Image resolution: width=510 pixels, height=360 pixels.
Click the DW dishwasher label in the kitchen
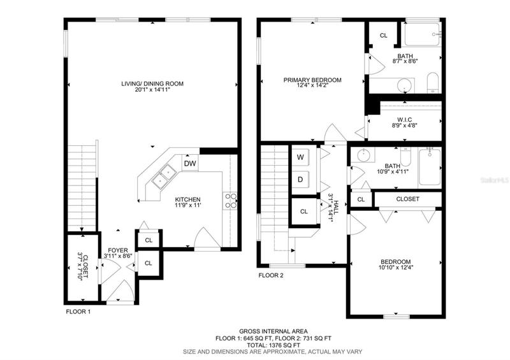pyautogui.click(x=190, y=163)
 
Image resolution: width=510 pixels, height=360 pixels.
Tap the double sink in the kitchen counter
pyautogui.click(x=164, y=176)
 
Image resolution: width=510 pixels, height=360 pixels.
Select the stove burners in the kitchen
pyautogui.click(x=230, y=201)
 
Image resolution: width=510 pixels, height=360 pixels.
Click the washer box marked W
pyautogui.click(x=300, y=157)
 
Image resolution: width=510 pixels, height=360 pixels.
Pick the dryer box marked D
pyautogui.click(x=300, y=180)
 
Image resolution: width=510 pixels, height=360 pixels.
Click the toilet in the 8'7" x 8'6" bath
pyautogui.click(x=433, y=83)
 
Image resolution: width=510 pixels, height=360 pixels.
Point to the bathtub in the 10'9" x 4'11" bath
pyautogui.click(x=430, y=167)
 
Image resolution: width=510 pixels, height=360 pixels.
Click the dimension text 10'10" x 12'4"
pyautogui.click(x=396, y=268)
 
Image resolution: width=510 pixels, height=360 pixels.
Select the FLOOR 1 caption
pyautogui.click(x=78, y=312)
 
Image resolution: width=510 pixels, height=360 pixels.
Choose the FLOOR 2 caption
pyautogui.click(x=271, y=275)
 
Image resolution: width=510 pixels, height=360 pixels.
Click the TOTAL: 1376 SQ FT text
pyautogui.click(x=273, y=345)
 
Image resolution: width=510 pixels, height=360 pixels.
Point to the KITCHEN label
pyautogui.click(x=187, y=199)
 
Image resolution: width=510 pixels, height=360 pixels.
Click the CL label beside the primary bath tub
pyautogui.click(x=384, y=36)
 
